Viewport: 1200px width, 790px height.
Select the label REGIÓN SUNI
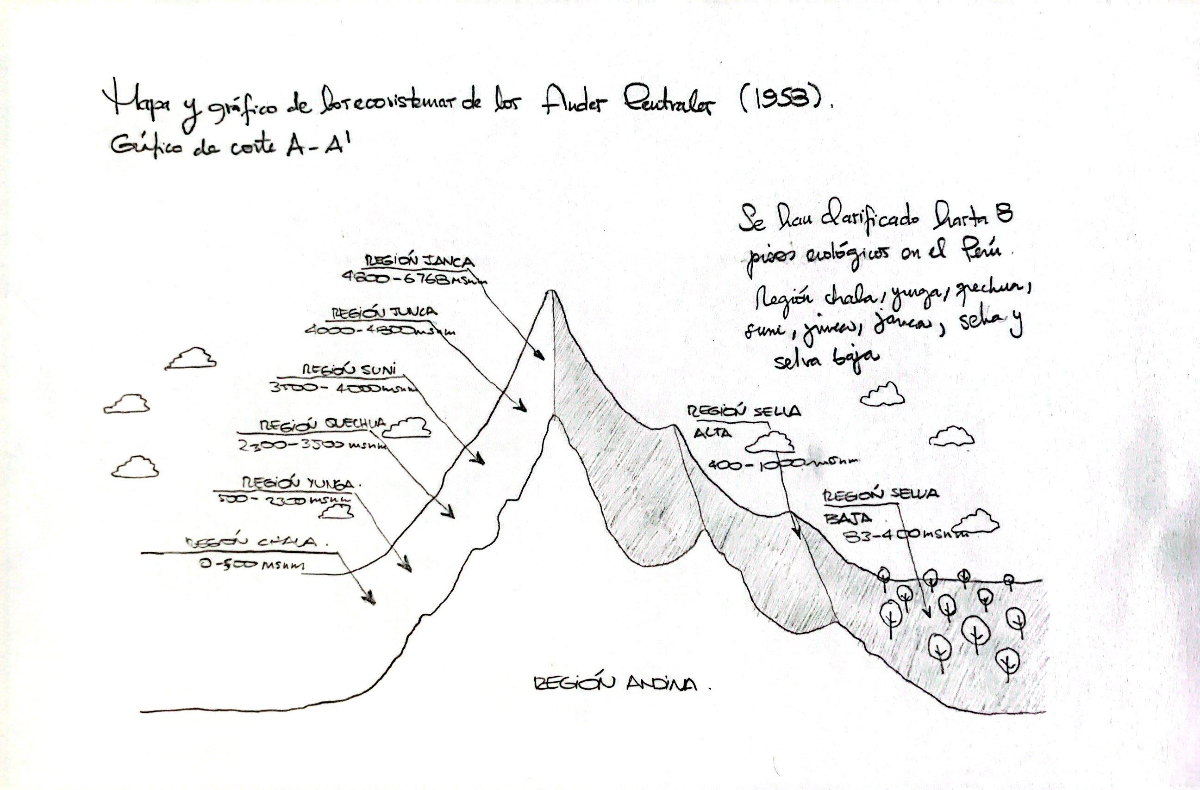click(x=349, y=370)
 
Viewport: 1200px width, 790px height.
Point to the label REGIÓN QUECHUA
click(x=322, y=425)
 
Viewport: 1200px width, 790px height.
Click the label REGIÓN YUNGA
click(x=301, y=483)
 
